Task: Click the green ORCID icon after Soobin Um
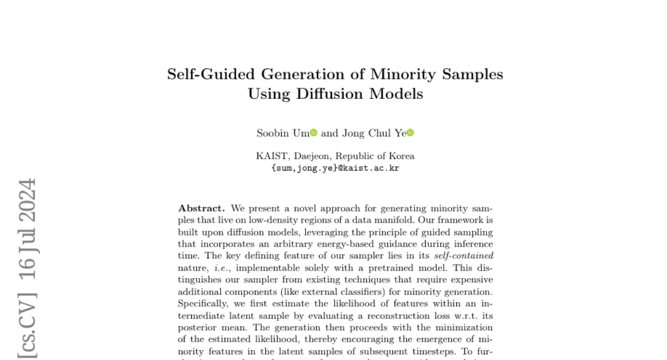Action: coord(313,133)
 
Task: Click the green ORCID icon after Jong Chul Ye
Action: coord(411,133)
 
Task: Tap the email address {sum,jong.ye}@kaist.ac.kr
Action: coord(335,168)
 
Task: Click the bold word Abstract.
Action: coord(201,208)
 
